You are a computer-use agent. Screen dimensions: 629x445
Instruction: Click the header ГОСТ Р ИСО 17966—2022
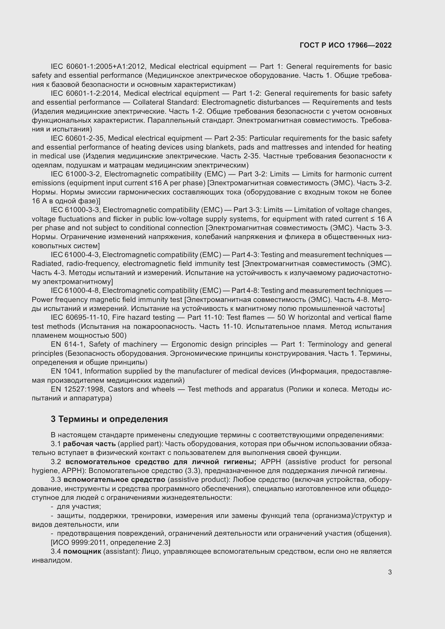(345, 45)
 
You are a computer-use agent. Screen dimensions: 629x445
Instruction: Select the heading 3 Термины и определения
(109, 419)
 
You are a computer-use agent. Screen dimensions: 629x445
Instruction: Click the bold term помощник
(82, 552)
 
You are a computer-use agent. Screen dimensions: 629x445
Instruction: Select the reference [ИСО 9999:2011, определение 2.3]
(110, 542)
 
